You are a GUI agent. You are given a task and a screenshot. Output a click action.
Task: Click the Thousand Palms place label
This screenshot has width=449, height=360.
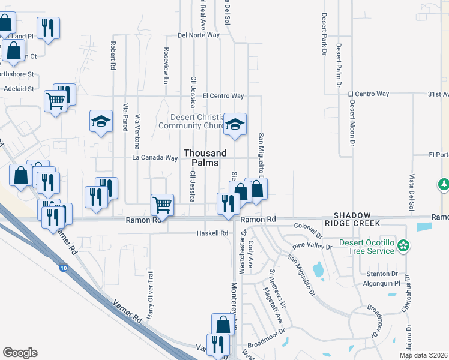pos(205,158)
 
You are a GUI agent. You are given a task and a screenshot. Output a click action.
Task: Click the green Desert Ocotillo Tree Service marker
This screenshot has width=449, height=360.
pos(405,245)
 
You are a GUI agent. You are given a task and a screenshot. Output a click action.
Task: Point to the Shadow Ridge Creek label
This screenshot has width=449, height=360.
pos(357,219)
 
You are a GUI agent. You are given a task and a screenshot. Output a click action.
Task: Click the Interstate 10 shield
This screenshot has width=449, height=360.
pos(64,267)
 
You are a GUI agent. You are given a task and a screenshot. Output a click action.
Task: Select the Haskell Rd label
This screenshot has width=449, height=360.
pos(213,233)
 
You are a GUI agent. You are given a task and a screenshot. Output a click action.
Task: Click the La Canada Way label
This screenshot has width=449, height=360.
pos(155,158)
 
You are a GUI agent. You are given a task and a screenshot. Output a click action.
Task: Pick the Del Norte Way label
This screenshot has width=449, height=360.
pos(199,35)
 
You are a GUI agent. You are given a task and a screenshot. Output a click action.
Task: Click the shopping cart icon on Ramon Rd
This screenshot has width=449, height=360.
pos(163,204)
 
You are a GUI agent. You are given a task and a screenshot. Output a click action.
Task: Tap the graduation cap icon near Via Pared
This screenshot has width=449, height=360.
pos(101,121)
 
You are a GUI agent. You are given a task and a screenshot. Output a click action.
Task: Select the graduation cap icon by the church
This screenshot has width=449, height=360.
pos(235,124)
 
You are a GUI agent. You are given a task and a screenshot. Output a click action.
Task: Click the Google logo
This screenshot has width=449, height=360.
pos(20,353)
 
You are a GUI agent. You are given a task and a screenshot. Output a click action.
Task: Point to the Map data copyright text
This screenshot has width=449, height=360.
pos(423,355)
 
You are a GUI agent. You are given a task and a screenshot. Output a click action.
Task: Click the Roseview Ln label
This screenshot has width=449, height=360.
pos(166,65)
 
